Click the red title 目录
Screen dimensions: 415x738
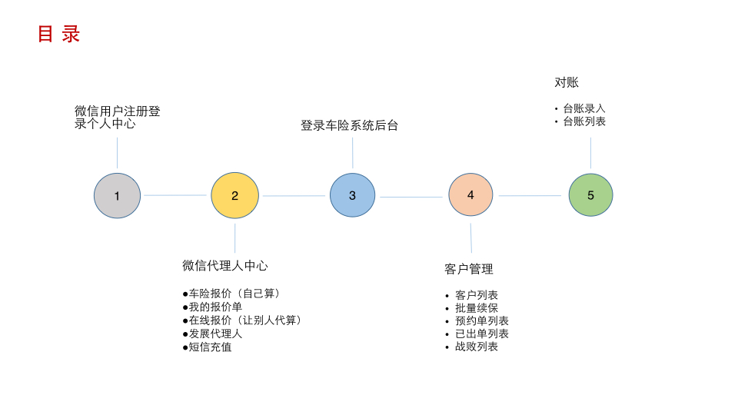click(58, 35)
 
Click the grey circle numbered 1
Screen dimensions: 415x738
click(117, 196)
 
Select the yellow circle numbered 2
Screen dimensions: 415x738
click(234, 196)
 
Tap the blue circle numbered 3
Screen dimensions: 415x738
click(352, 195)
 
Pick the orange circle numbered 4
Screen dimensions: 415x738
click(470, 195)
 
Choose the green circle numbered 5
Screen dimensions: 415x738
click(590, 195)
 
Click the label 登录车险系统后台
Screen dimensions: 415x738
click(349, 125)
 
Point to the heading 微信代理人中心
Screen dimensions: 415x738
click(225, 265)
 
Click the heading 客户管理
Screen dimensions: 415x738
click(469, 269)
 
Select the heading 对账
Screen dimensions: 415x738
click(567, 82)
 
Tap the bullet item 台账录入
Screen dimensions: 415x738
click(584, 108)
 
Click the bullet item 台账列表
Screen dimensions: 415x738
click(584, 121)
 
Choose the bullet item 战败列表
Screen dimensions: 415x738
click(477, 347)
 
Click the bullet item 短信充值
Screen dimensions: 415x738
click(210, 347)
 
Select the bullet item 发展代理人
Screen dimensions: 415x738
click(215, 334)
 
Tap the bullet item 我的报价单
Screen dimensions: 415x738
click(215, 307)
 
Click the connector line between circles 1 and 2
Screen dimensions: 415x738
click(175, 195)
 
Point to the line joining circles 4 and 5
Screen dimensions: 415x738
click(530, 195)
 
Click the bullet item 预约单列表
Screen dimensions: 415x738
click(482, 320)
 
